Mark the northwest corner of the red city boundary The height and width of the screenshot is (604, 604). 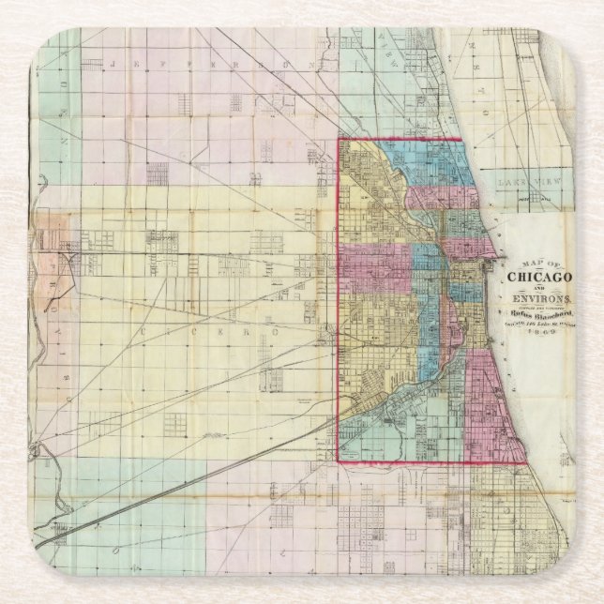[339, 141]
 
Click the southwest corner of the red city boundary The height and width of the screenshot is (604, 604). [339, 461]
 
